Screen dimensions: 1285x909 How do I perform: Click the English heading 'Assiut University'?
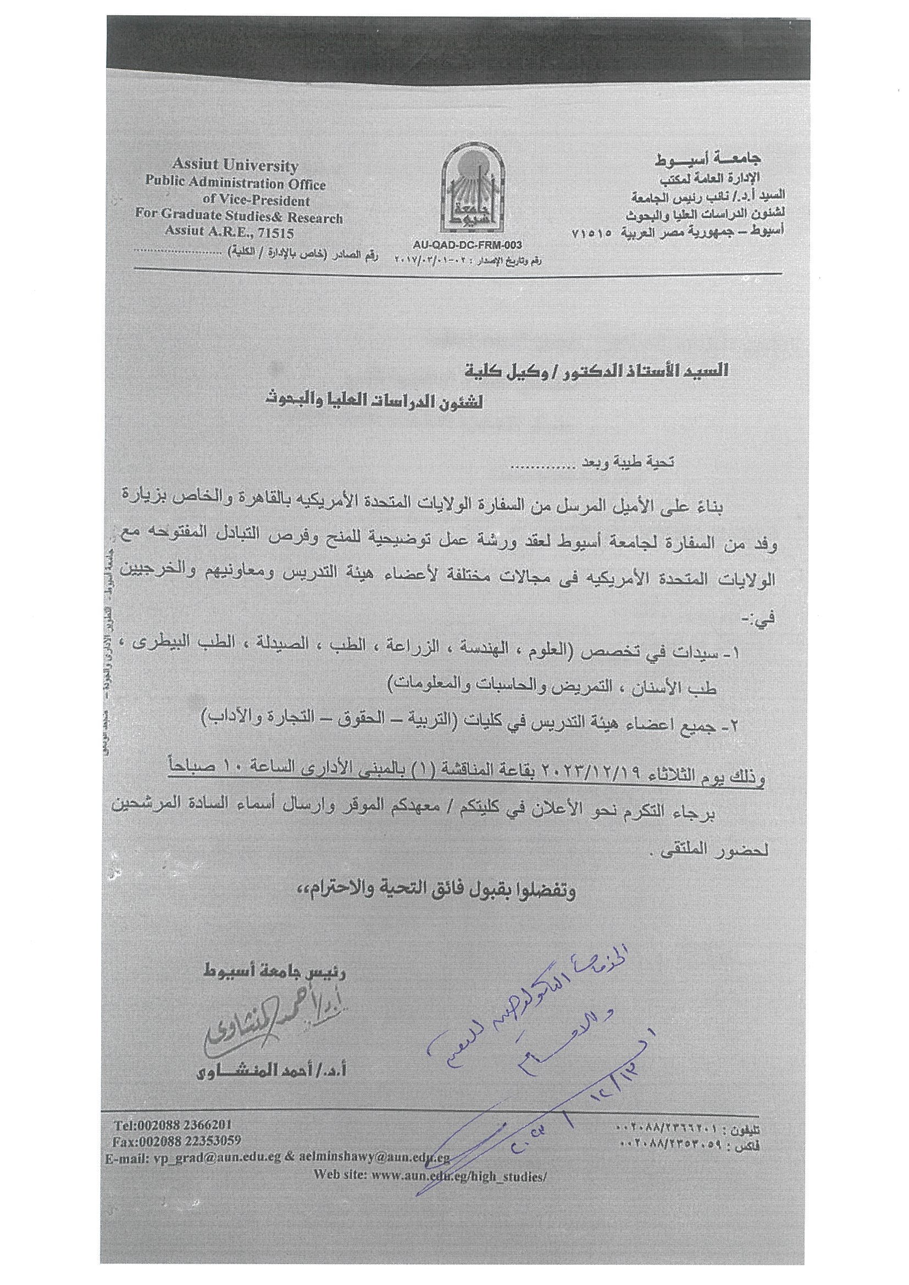(x=235, y=166)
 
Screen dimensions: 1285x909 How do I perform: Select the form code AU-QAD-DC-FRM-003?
(x=466, y=245)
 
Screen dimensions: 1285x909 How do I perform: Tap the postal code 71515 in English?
(x=274, y=233)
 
